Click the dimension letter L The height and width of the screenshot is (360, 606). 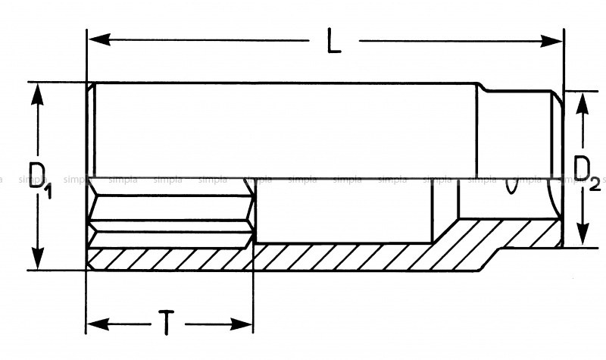334,41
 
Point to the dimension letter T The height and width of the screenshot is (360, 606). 167,323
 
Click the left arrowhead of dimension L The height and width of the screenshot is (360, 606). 100,39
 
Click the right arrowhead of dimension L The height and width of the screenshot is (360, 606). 551,41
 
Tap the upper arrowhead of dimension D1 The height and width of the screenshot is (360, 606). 37,95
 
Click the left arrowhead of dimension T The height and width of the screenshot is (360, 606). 98,324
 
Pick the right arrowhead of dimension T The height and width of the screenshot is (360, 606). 242,324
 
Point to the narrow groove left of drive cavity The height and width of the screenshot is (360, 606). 444,211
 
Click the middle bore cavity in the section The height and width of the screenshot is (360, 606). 343,211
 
